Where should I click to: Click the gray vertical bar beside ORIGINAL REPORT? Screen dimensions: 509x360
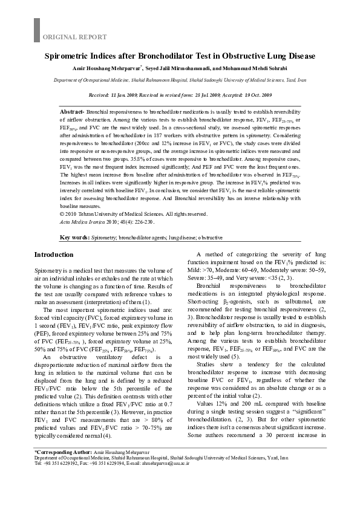coord(36,30)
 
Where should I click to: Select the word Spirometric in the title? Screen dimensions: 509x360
coord(68,56)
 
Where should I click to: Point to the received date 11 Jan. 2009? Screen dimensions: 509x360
coord(134,96)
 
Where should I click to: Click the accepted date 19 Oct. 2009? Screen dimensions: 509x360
coord(256,96)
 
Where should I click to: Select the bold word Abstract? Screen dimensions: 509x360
coord(72,112)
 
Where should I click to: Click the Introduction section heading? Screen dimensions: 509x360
coord(54,254)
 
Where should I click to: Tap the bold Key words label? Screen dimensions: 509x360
coord(76,238)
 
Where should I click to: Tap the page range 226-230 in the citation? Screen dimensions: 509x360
coord(143,222)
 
